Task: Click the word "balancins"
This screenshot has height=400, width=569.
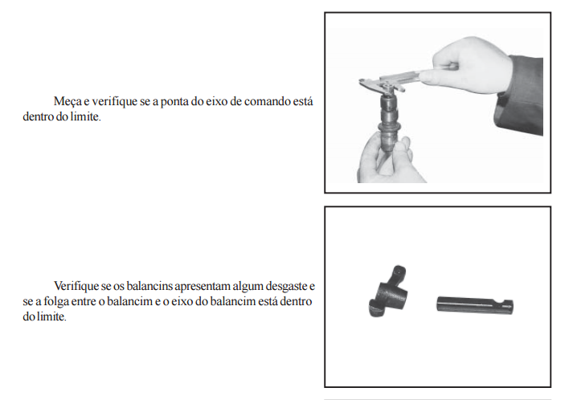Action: (x=149, y=286)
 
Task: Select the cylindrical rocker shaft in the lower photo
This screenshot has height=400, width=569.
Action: (x=475, y=304)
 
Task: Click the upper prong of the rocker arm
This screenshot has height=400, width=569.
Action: (x=399, y=273)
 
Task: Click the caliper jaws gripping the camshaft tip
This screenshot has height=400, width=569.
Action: (x=381, y=85)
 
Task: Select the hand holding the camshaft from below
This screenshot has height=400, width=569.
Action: (x=387, y=160)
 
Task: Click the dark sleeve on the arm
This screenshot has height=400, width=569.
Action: (x=521, y=95)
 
